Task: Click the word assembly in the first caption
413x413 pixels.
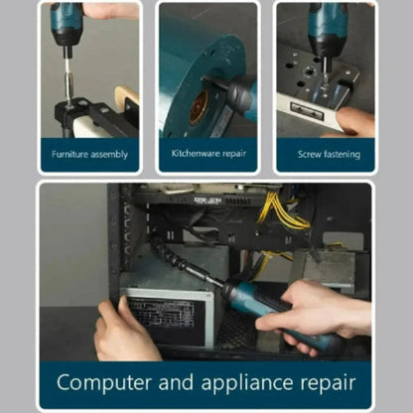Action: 109,155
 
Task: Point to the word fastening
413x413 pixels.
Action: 342,155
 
